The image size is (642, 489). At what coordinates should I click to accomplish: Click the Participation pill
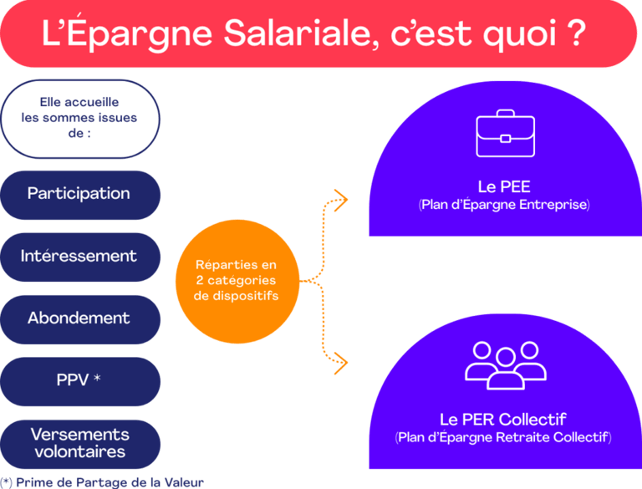coord(79,194)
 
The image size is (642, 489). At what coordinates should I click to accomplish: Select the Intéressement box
coord(79,256)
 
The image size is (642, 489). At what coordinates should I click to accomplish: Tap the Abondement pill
coord(79,318)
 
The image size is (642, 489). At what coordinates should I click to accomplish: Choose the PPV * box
coord(79,380)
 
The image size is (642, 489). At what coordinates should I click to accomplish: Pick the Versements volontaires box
coord(79,443)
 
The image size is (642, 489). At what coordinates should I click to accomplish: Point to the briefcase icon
coord(504,134)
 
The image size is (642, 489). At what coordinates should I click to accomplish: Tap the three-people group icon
coord(504,364)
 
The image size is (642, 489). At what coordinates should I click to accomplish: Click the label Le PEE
coord(504,186)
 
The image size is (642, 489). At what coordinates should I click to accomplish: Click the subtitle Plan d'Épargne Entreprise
coord(504,204)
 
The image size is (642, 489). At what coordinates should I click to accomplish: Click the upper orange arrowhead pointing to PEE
coord(339,197)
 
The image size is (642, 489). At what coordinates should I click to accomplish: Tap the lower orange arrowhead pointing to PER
coord(339,361)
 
